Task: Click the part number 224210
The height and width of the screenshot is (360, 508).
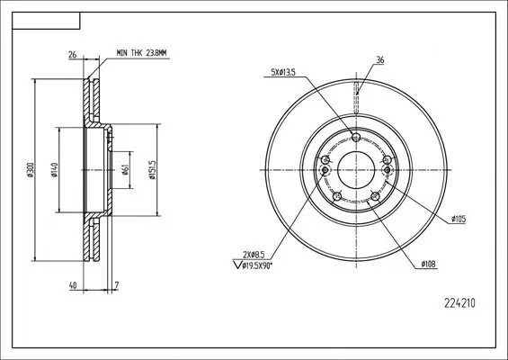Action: [x=459, y=303]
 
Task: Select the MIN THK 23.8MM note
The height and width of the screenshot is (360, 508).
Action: [x=141, y=53]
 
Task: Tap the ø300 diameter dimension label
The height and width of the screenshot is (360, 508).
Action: [x=31, y=169]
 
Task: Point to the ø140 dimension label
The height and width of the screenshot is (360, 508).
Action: [x=54, y=169]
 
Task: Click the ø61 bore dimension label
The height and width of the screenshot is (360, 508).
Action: [x=126, y=169]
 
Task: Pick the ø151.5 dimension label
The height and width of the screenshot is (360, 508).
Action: [x=152, y=169]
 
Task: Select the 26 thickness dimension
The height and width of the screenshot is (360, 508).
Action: [x=73, y=55]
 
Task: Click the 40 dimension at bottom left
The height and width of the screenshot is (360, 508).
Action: [x=73, y=285]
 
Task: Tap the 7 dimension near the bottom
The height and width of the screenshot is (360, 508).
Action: [x=117, y=285]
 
